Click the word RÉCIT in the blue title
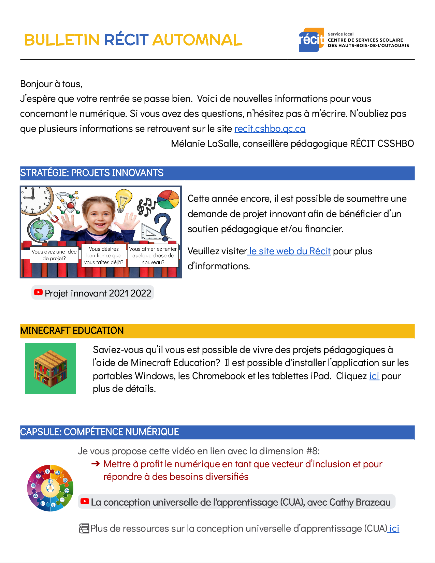126,40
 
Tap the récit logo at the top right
311,40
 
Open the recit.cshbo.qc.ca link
270,129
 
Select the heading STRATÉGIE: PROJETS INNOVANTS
92,173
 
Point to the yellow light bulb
124,200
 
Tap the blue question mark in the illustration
163,225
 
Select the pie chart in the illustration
168,199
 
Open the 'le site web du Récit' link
290,251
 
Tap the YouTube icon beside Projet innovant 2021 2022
38,292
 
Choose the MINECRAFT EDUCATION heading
72,331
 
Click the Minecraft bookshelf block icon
50,369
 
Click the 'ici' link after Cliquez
374,376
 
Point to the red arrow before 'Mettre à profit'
96,464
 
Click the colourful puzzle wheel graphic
50,488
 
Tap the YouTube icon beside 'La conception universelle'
84,501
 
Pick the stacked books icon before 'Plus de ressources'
84,529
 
